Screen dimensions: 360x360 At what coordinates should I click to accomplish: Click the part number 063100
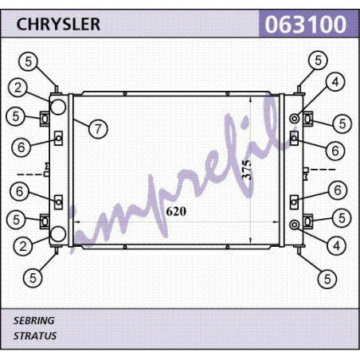[x=306, y=25]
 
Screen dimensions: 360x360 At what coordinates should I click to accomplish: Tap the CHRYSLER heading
[x=58, y=24]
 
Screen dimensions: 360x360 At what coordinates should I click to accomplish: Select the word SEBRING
[x=33, y=321]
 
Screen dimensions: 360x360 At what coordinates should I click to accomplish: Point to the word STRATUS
[x=35, y=336]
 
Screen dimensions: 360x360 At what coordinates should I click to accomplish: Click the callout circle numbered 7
[x=98, y=129]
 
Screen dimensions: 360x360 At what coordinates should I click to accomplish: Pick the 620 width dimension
[x=176, y=211]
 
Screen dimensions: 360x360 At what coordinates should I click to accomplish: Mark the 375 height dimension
[x=246, y=170]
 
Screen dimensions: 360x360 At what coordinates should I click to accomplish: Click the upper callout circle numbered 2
[x=18, y=88]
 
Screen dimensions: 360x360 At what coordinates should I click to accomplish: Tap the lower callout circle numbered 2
[x=23, y=246]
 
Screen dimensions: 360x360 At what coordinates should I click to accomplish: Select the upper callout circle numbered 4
[x=335, y=82]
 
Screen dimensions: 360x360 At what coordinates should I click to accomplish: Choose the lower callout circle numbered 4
[x=337, y=245]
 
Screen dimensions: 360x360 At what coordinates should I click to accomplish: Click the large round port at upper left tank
[x=58, y=107]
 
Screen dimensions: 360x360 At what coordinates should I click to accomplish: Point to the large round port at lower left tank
[x=58, y=234]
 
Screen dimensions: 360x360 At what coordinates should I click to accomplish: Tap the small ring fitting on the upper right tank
[x=295, y=119]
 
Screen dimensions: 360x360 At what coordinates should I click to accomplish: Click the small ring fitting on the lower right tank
[x=295, y=225]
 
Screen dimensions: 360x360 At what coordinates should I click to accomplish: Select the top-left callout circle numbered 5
[x=28, y=61]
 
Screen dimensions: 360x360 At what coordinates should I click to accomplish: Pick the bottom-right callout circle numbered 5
[x=327, y=279]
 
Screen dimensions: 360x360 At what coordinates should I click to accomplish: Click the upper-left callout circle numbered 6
[x=22, y=147]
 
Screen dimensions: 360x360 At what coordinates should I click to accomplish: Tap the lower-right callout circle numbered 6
[x=338, y=190]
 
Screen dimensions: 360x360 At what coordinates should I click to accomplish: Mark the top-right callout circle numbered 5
[x=318, y=61]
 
